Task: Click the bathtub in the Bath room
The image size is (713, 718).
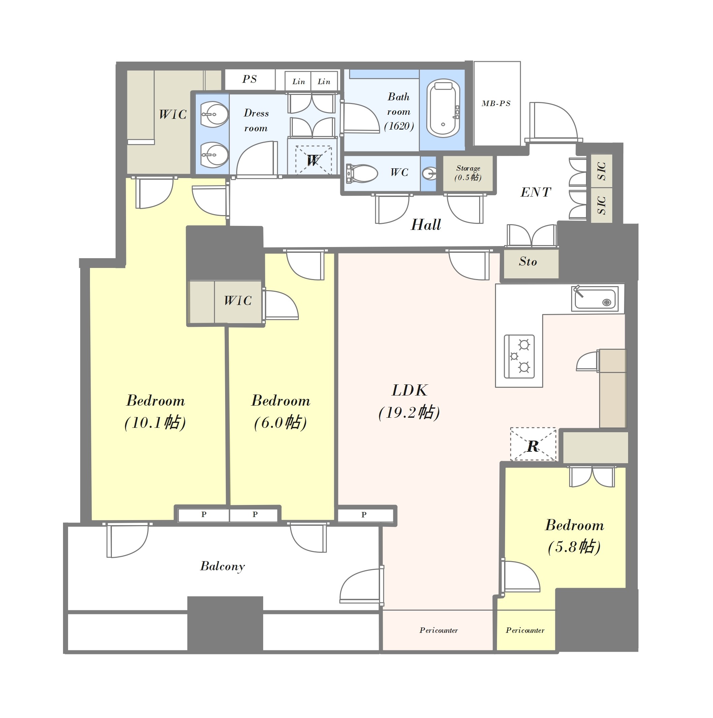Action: click(443, 108)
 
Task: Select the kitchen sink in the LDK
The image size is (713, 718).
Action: click(595, 299)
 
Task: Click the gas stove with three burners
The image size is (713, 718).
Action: click(519, 356)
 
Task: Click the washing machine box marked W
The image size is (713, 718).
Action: click(313, 160)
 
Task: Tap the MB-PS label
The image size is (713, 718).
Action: click(496, 103)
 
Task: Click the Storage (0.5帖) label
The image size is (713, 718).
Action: click(468, 173)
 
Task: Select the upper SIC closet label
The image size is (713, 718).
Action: click(601, 171)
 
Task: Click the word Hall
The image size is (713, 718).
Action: click(426, 225)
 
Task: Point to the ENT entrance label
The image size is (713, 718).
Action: click(535, 192)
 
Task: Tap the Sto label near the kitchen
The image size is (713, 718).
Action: click(528, 262)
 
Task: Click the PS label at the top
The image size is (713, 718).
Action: click(250, 79)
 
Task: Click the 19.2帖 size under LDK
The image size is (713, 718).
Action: click(409, 412)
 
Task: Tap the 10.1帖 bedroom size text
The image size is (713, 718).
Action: click(155, 422)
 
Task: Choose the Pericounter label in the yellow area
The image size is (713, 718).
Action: click(525, 630)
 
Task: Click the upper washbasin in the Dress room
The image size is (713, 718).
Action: click(214, 114)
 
